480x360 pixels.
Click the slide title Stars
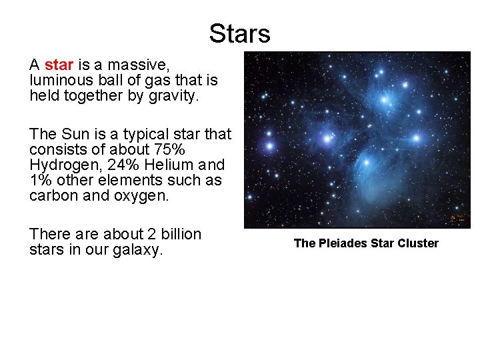[x=239, y=33]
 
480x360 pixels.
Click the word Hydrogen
[x=59, y=165]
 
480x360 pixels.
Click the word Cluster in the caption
[x=417, y=243]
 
